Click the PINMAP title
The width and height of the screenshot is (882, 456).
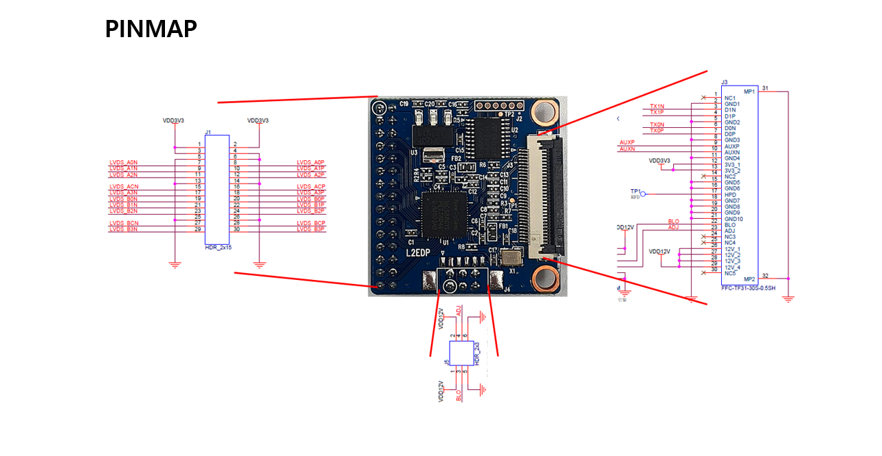(151, 29)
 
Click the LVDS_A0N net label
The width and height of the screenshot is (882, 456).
(123, 162)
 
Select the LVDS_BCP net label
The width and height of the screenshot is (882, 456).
(311, 224)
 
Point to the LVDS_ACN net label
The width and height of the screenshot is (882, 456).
(124, 186)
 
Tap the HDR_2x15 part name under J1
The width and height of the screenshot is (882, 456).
(218, 246)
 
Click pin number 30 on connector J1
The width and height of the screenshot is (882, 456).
(236, 229)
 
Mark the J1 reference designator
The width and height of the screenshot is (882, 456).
(208, 131)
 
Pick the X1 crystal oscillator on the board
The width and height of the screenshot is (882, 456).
(511, 258)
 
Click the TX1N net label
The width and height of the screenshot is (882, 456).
(657, 106)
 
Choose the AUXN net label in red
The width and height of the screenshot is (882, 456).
(627, 149)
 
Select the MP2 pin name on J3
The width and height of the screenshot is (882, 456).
(749, 279)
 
